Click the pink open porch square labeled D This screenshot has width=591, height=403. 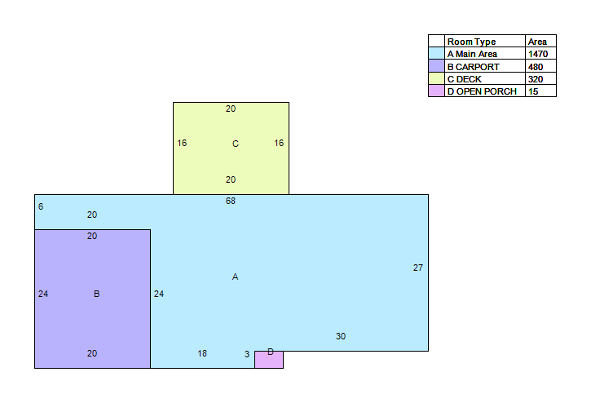pos(269,360)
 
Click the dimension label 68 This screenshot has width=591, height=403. pos(231,201)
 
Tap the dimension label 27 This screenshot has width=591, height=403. pos(418,268)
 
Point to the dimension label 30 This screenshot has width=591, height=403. pos(341,336)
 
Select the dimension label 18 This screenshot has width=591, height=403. pos(202,353)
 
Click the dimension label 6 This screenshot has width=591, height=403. pos(41,206)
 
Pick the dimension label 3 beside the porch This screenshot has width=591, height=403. pos(247,354)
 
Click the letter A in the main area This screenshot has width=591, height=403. pos(236,277)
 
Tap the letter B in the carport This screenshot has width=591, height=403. pos(96,294)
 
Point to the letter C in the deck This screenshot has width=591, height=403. pos(236,144)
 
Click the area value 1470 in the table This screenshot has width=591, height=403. pos(538,54)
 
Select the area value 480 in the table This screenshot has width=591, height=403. pos(536,67)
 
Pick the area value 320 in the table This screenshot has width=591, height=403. pos(536,79)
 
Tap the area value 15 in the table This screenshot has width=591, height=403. pos(533,91)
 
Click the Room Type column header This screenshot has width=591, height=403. pos(471,42)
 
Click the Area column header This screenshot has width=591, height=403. pos(537,42)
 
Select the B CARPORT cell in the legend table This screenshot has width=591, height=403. pos(474,67)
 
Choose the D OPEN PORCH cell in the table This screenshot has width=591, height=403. pos(482,91)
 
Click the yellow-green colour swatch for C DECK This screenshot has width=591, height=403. pos(436,78)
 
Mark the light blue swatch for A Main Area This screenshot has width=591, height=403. pos(436,53)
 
